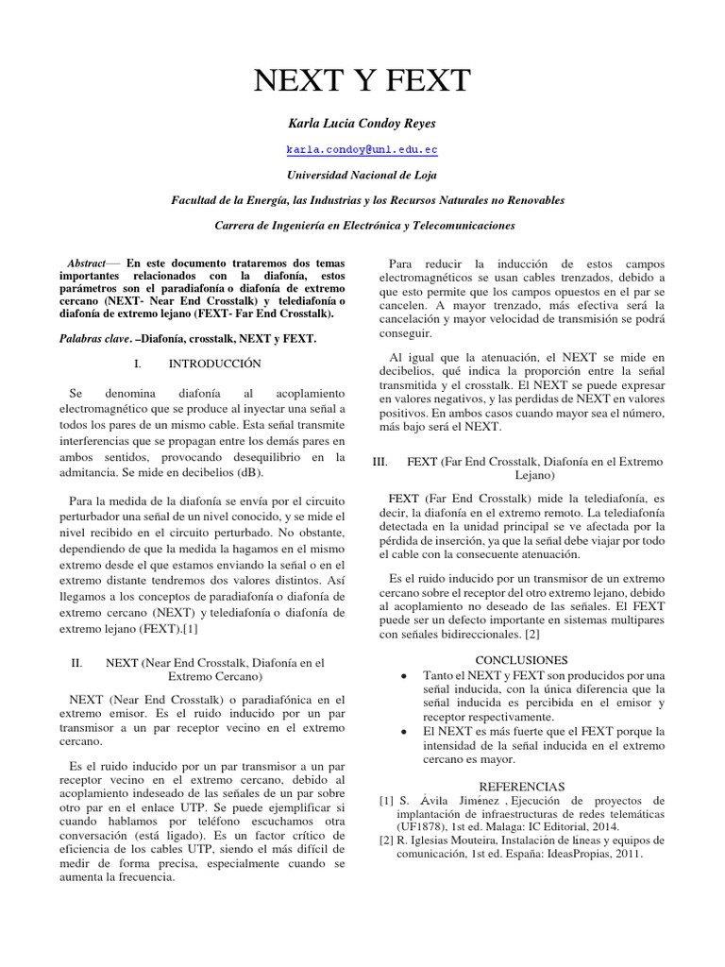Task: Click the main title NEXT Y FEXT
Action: click(x=362, y=81)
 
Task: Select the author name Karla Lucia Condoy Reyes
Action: click(x=362, y=125)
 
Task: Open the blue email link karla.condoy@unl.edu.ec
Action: click(x=362, y=149)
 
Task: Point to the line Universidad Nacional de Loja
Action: click(x=362, y=174)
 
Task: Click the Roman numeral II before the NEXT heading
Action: click(x=78, y=663)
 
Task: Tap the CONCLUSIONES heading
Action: click(x=522, y=658)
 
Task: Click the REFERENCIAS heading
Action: click(x=522, y=786)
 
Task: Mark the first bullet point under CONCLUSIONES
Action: click(x=404, y=676)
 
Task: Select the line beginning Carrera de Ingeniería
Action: click(x=362, y=227)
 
